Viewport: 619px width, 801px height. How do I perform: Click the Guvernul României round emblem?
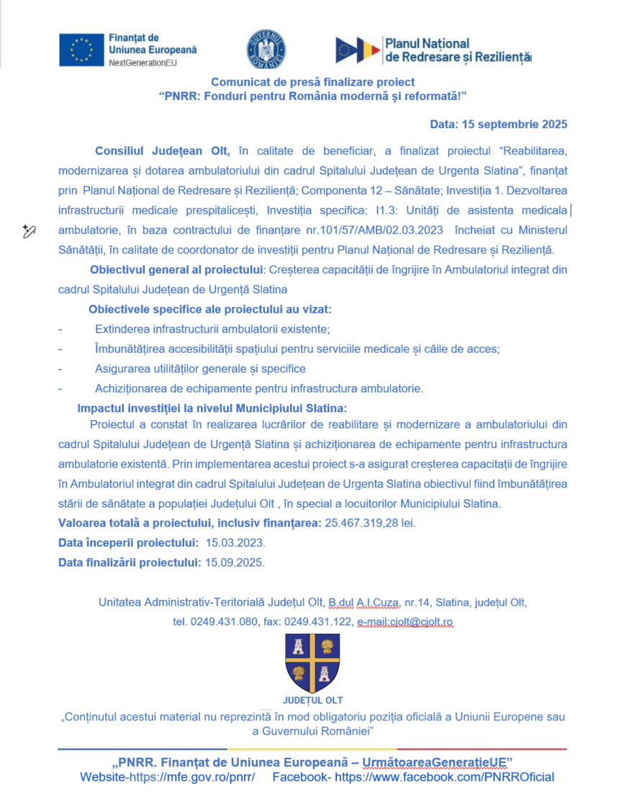click(x=266, y=50)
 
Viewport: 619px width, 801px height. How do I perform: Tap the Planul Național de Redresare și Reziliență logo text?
click(x=458, y=50)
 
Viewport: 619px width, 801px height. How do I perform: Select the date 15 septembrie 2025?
click(x=519, y=124)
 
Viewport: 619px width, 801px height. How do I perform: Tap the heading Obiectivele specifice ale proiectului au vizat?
click(x=209, y=310)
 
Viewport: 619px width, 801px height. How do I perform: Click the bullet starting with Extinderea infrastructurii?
click(x=212, y=329)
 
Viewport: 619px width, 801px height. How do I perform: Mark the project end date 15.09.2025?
click(x=235, y=562)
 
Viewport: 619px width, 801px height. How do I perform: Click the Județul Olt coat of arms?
click(x=312, y=663)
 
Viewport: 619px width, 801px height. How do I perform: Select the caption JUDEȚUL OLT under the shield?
click(x=312, y=699)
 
